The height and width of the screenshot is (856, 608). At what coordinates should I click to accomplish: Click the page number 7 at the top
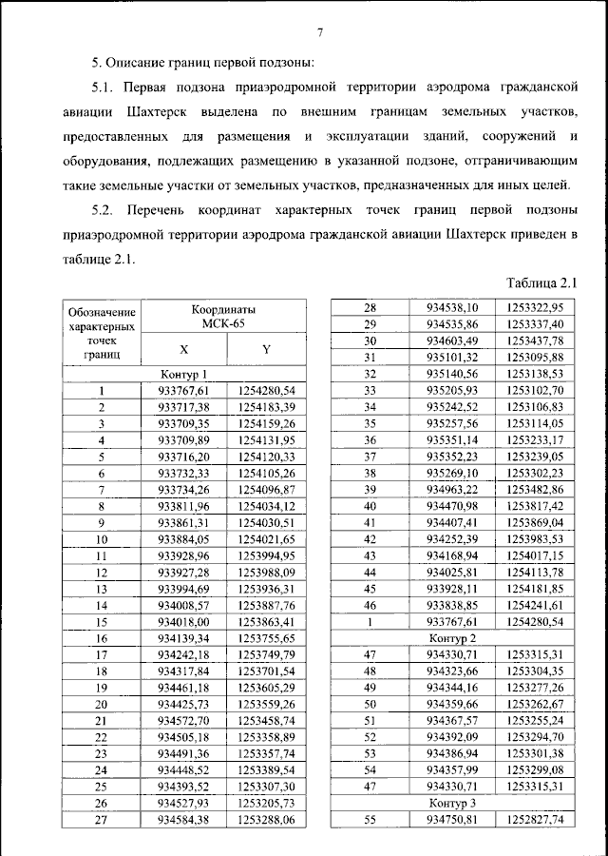pos(320,34)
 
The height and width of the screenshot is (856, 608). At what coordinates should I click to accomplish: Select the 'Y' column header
pos(267,349)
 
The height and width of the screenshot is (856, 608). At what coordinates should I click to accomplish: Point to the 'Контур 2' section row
pos(452,636)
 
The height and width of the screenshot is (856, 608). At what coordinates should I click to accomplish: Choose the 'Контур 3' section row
pos(452,803)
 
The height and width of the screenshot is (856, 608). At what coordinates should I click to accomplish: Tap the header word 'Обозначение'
pos(101,312)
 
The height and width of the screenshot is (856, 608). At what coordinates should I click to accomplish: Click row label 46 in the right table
pos(370,605)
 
